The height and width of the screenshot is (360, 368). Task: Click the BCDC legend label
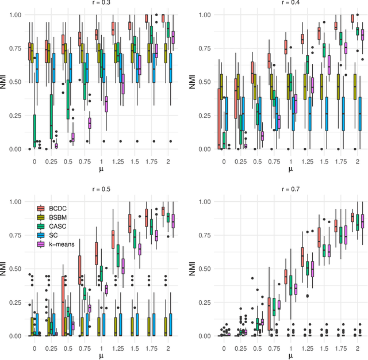58,208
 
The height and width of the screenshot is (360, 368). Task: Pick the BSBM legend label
58,217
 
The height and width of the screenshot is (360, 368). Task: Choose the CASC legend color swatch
42,227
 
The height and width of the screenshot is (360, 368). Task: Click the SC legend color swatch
42,236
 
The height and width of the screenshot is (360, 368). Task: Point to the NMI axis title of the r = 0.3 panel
5,81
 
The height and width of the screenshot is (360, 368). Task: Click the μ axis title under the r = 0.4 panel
290,168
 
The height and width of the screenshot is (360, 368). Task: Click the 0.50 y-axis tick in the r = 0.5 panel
13,269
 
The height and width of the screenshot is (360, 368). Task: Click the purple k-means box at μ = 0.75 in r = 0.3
89,123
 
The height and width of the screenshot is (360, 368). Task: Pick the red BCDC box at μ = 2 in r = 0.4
352,18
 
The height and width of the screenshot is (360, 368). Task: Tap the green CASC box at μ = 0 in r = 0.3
34,131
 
